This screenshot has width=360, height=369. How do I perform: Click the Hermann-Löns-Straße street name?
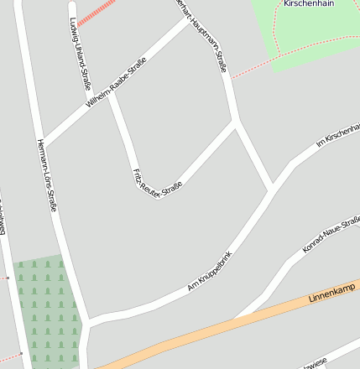[47, 174]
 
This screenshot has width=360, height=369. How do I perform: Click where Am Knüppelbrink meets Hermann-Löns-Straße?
[88, 322]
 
